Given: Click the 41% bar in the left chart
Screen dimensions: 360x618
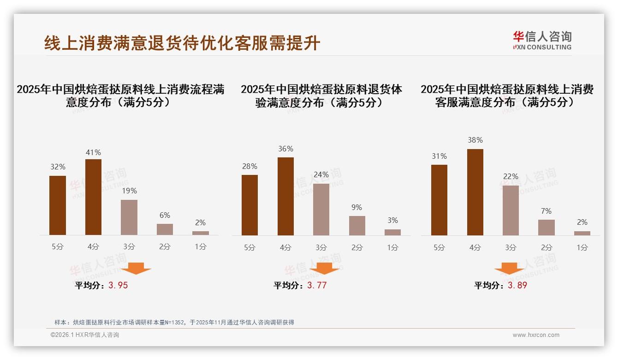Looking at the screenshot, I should click(94, 197).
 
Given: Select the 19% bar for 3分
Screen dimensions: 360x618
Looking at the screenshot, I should click(129, 217).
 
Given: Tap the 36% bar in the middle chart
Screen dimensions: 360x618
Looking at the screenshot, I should click(285, 196).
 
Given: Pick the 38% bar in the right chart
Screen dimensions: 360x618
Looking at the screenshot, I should click(475, 192).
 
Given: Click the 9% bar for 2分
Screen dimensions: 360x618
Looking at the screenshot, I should click(357, 225).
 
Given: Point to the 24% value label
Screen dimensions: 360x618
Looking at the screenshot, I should click(321, 175).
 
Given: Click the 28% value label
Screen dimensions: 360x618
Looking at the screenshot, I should click(250, 166).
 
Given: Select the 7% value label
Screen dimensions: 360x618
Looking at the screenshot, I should click(547, 211).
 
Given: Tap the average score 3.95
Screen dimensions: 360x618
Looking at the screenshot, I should click(118, 285).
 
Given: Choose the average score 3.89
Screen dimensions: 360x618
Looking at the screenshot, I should click(517, 285).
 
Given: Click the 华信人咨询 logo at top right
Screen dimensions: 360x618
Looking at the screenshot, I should click(542, 40).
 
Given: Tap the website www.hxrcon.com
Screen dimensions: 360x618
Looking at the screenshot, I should click(536, 335).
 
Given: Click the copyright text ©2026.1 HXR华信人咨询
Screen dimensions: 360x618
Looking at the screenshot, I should click(85, 335).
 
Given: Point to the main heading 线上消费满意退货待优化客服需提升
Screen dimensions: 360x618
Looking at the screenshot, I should click(182, 43).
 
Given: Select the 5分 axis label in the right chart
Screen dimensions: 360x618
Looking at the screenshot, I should click(439, 247).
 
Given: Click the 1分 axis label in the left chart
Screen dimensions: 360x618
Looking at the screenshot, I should click(201, 247).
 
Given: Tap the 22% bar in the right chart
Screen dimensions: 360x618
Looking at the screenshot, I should click(511, 210).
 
